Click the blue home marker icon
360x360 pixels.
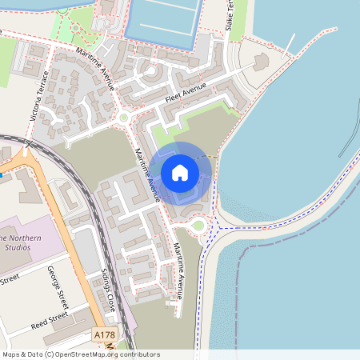(x=180, y=172)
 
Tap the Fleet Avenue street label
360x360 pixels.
(x=186, y=93)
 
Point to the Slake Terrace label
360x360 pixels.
(x=231, y=16)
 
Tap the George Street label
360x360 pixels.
(x=58, y=287)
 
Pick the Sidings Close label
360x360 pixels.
(x=108, y=290)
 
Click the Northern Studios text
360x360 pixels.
(x=16, y=242)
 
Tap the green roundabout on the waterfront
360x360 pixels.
(x=198, y=229)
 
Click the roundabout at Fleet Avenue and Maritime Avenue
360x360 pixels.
(x=123, y=118)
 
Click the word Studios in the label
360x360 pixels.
(x=16, y=248)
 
